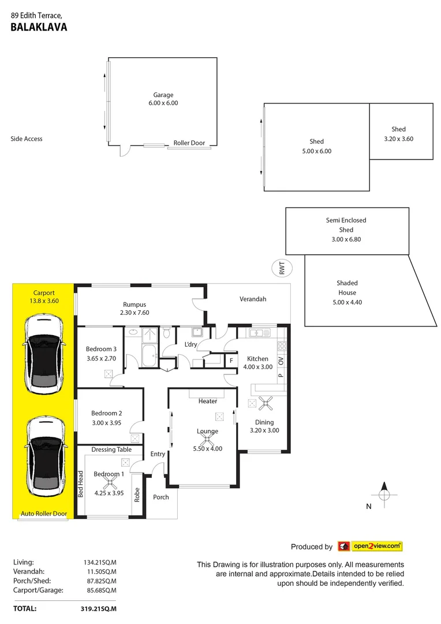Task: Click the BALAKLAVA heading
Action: pos(39,27)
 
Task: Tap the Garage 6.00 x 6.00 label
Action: pos(163,99)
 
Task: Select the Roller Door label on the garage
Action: pos(189,143)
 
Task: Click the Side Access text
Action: pos(27,139)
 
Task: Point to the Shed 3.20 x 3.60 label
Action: pos(398,134)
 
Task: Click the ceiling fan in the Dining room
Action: pos(267,403)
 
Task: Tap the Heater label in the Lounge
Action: pos(208,401)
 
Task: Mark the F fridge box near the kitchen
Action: pos(231,361)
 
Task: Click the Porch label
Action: pos(161,497)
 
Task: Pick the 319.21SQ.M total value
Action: pos(99,608)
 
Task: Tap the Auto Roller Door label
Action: pos(44,514)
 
